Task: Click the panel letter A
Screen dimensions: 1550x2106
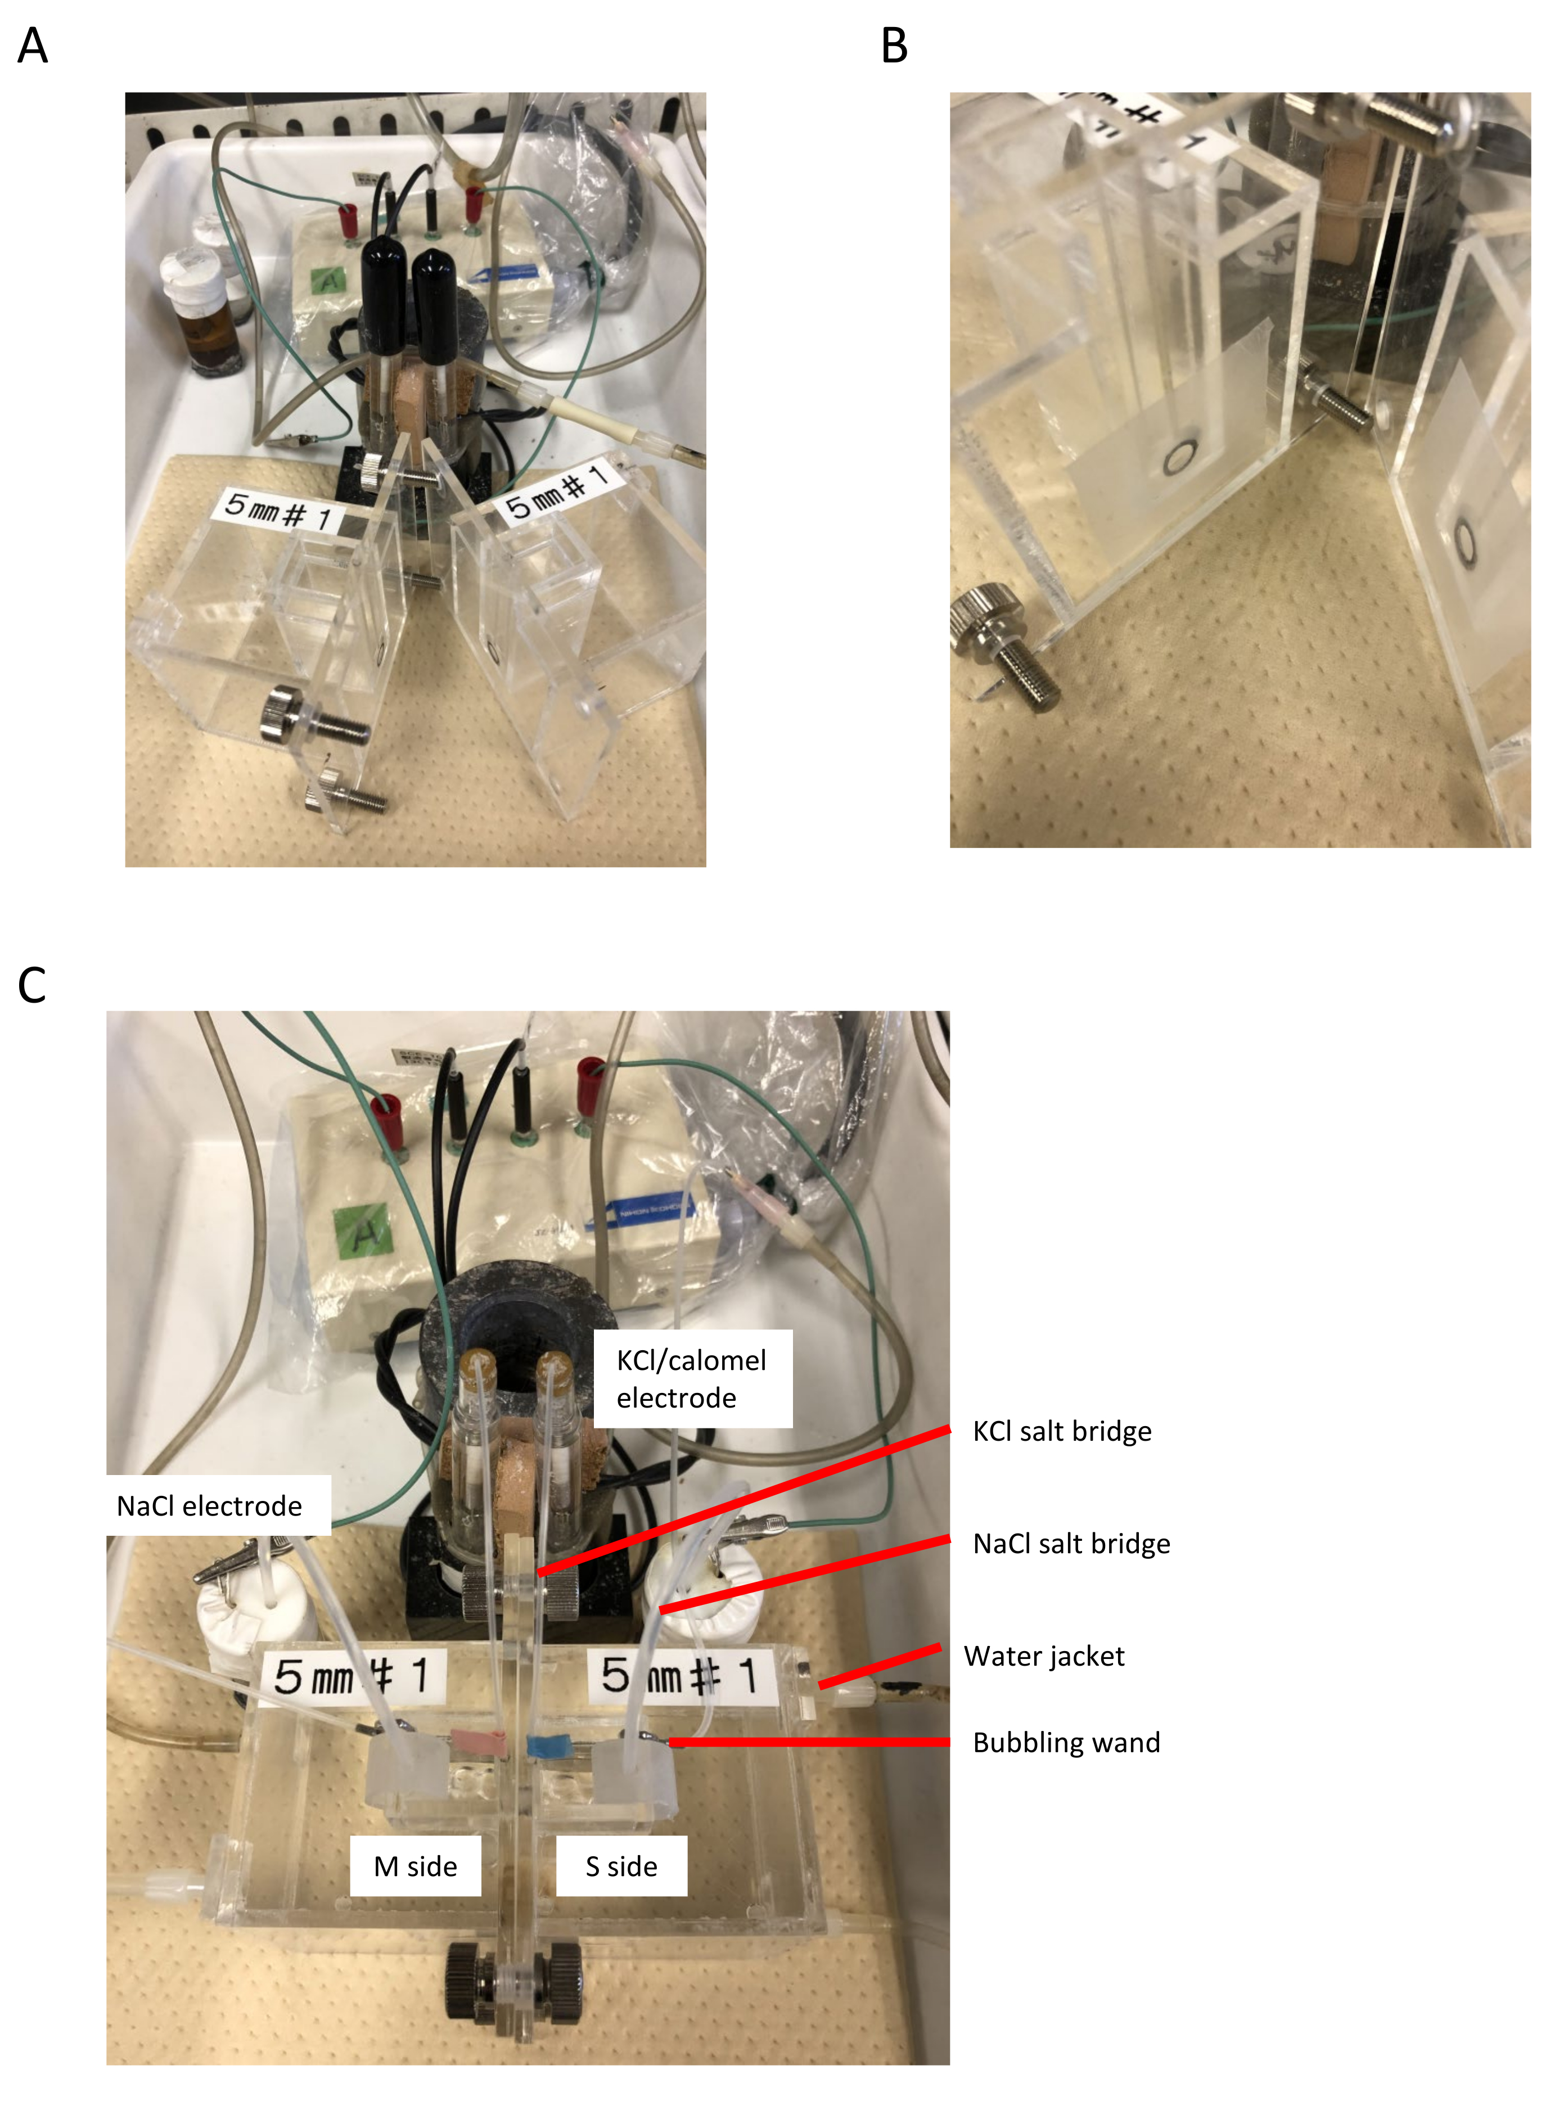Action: (33, 45)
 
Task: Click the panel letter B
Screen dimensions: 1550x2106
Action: (894, 45)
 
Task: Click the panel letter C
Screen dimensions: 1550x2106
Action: (32, 985)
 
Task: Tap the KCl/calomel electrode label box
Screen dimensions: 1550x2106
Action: (692, 1378)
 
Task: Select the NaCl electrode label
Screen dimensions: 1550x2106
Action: (209, 1505)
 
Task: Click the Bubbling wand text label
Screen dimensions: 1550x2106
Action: (1066, 1743)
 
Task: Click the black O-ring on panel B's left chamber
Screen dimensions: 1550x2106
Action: (1179, 458)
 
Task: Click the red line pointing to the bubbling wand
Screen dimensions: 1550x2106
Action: (807, 1742)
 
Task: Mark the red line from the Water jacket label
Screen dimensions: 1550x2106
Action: (879, 1666)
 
